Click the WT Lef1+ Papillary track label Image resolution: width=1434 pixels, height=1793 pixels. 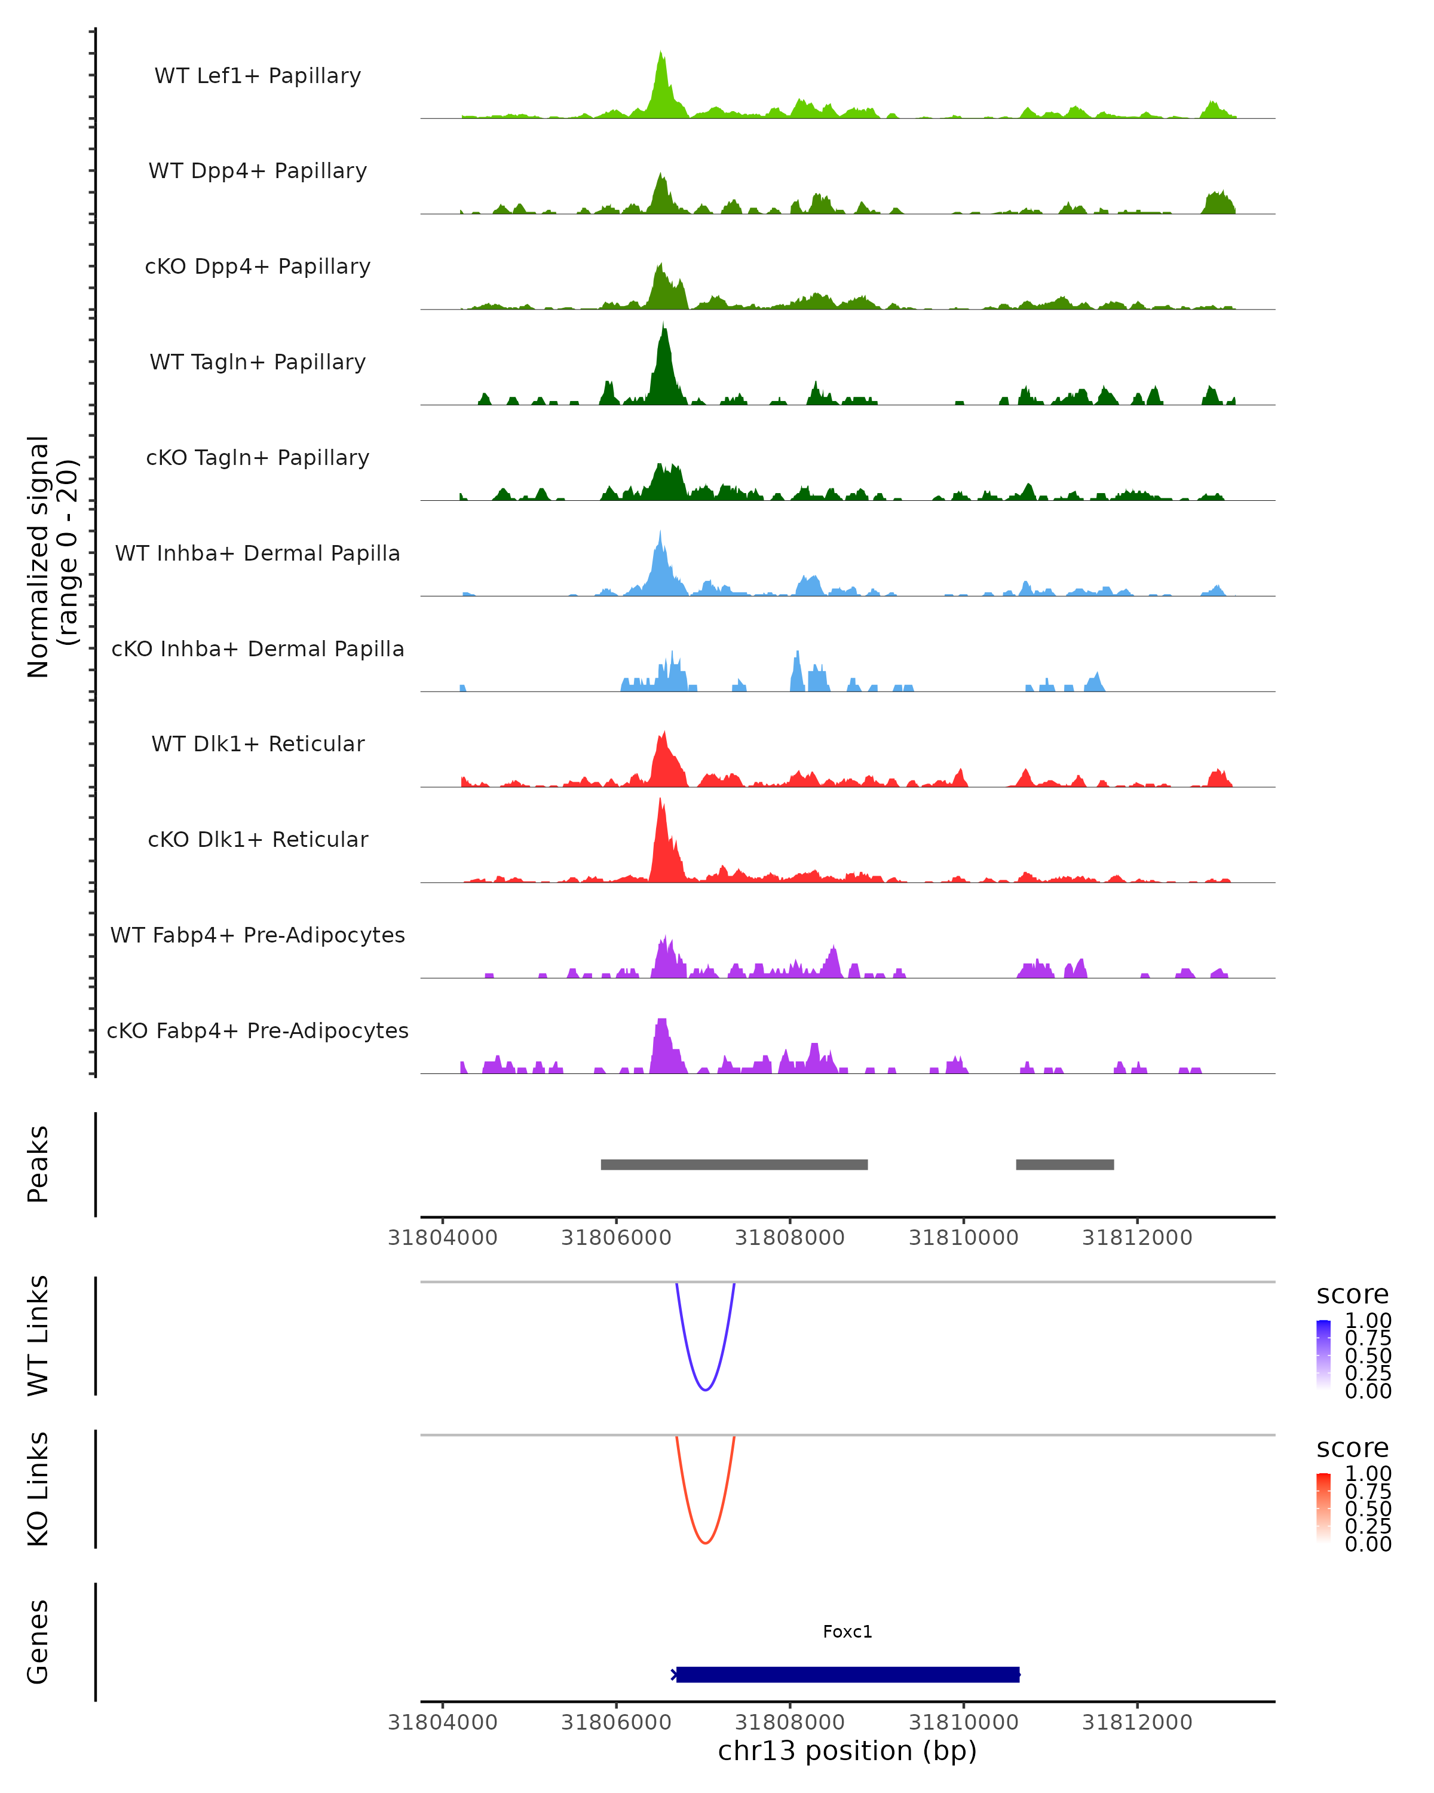coord(258,76)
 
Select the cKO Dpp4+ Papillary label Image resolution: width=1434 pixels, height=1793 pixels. coord(258,267)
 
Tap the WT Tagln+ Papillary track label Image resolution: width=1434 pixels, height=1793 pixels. coord(258,363)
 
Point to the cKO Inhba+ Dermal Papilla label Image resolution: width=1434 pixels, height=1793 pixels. coord(258,650)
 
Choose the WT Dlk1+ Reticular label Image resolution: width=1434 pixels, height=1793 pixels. coord(258,744)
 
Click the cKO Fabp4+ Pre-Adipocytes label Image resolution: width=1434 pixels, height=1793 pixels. coord(258,1031)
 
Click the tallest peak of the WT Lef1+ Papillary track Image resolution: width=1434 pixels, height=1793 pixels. coord(661,53)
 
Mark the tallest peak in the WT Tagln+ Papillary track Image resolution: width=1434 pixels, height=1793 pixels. coord(663,325)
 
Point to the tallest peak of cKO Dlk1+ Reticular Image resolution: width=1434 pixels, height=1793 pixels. coord(660,800)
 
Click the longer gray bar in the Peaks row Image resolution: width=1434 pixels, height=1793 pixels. coord(734,1164)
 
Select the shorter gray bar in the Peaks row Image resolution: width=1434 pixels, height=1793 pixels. coord(1065,1164)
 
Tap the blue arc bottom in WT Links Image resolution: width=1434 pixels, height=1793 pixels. coord(705,1390)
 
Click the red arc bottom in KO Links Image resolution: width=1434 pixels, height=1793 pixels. coord(705,1543)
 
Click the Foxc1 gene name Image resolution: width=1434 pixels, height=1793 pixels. coord(847,1632)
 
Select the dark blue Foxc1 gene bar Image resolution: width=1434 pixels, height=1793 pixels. coord(847,1674)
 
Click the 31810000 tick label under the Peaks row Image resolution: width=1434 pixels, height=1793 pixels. coord(964,1238)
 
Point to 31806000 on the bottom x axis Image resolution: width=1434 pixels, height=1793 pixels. coord(616,1722)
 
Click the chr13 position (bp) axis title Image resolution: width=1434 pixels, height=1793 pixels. coord(847,1751)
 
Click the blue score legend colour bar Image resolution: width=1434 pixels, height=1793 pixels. coord(1323,1355)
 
